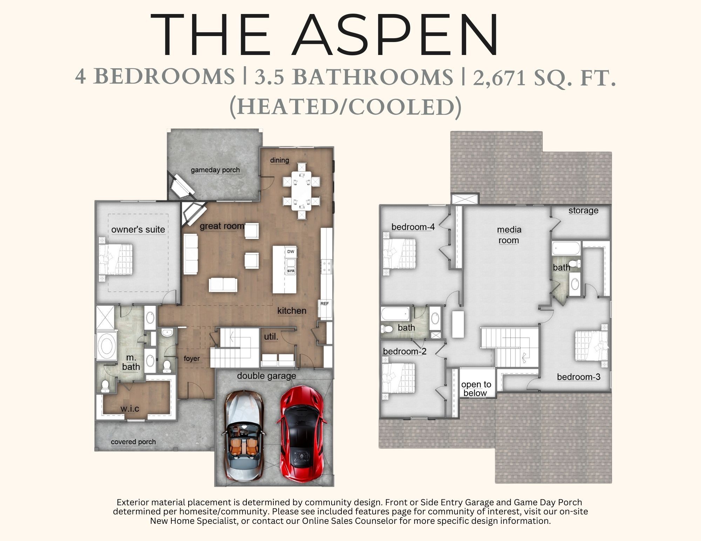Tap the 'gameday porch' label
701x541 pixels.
(215, 170)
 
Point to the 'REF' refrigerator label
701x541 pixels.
(325, 304)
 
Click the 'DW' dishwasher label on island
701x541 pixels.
(291, 251)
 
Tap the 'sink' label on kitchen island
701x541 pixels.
(291, 271)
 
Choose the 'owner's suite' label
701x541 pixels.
(138, 230)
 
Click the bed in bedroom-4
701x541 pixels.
(400, 254)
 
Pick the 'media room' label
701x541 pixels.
(509, 235)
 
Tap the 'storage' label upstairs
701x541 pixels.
(583, 211)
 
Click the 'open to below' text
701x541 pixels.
(476, 389)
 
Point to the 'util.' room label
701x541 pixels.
(271, 337)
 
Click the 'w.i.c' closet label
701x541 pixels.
(130, 409)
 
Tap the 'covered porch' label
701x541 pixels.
(133, 442)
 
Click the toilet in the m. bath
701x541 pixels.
(105, 386)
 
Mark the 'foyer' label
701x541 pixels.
(191, 359)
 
